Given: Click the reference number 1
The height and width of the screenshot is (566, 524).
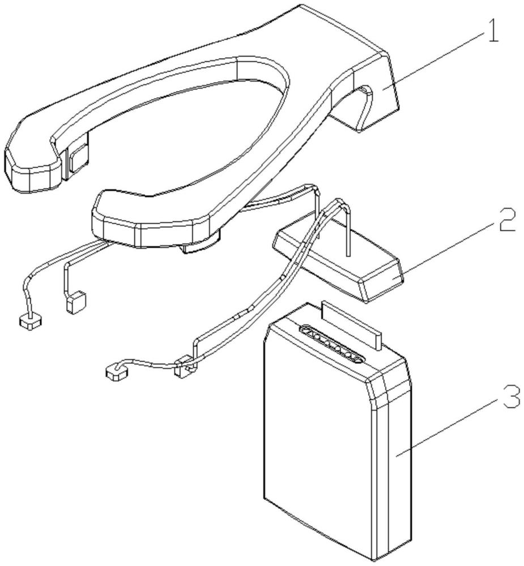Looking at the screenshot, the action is click(492, 34).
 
